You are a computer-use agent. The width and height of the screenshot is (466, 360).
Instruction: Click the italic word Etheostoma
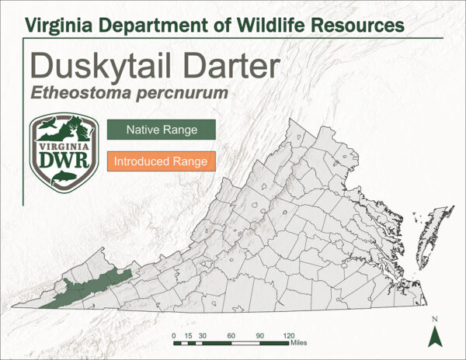pyautogui.click(x=78, y=93)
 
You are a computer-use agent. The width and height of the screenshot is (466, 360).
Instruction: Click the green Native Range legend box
pyautogui.click(x=161, y=129)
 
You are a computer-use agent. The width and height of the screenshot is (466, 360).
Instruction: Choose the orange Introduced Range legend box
pyautogui.click(x=161, y=161)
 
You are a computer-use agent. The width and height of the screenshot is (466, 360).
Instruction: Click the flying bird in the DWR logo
pyautogui.click(x=48, y=125)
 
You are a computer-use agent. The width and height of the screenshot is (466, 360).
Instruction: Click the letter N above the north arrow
pyautogui.click(x=435, y=320)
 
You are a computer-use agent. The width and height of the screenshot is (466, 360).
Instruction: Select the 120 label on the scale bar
pyautogui.click(x=288, y=334)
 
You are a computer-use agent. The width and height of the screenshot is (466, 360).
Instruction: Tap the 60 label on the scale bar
pyautogui.click(x=231, y=334)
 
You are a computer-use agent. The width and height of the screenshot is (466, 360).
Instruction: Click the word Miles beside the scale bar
pyautogui.click(x=299, y=342)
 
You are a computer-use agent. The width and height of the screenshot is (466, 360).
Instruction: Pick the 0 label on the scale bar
pyautogui.click(x=173, y=334)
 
